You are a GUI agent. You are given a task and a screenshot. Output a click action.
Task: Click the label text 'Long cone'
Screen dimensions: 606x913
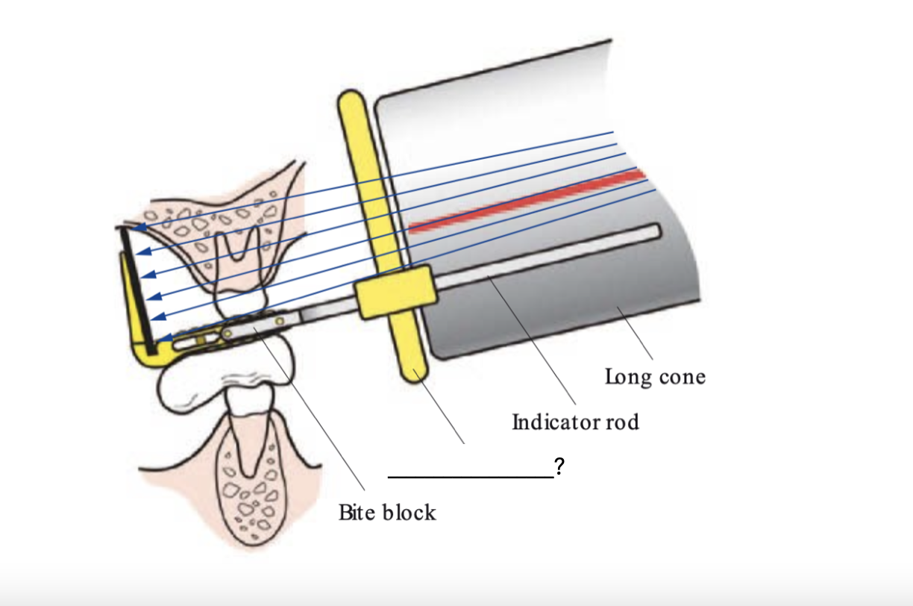click(654, 376)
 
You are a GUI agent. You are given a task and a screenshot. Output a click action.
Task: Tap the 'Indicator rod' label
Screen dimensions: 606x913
click(575, 422)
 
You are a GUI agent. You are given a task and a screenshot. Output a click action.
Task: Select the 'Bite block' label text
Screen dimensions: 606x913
click(387, 513)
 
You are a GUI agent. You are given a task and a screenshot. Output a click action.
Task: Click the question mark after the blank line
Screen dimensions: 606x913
click(559, 468)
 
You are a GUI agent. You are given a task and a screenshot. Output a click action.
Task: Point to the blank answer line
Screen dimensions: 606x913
click(470, 475)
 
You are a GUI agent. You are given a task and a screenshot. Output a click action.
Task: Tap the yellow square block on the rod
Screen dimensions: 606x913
click(393, 292)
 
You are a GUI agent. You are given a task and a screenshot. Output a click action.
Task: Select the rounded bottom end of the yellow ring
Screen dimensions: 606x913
click(412, 370)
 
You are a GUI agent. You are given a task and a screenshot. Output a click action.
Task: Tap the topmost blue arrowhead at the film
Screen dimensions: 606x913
click(135, 226)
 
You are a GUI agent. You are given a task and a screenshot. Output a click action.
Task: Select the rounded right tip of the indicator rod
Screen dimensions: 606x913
click(654, 231)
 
